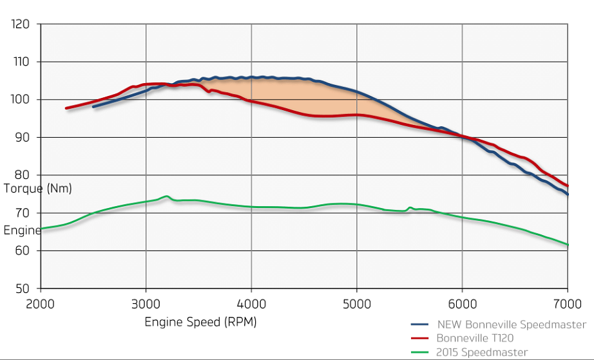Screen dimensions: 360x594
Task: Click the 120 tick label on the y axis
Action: coord(21,25)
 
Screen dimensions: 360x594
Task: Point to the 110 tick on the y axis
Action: coord(21,62)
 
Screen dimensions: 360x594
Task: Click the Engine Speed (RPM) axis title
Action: coord(200,322)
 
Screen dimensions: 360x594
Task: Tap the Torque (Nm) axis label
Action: coord(37,189)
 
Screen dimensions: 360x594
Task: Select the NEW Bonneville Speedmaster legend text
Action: coord(512,325)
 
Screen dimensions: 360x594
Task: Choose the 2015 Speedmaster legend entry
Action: coord(482,352)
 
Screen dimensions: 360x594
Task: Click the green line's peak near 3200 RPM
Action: coord(167,196)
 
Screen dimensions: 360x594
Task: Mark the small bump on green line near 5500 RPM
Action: coord(410,207)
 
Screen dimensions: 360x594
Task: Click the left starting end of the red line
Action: coord(66,108)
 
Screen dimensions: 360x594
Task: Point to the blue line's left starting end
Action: coord(93,106)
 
